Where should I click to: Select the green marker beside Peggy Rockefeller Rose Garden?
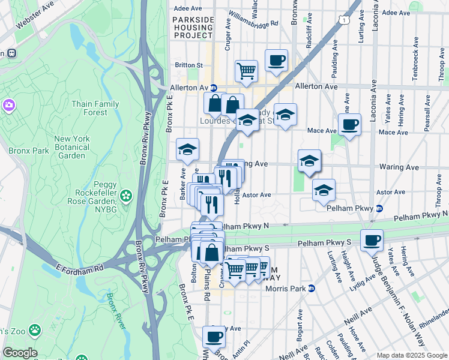coord(126,195)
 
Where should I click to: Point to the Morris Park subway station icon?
coord(311,289)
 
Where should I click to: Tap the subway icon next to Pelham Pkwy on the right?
coord(379,209)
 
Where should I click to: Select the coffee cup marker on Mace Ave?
coord(349,125)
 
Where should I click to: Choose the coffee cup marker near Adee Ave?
coord(276,60)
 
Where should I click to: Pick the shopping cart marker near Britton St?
coord(246,71)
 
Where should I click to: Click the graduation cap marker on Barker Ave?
coord(187,150)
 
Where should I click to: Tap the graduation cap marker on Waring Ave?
coord(310,161)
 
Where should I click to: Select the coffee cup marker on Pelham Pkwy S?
coord(372,240)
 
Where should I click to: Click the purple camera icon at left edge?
coord(8,106)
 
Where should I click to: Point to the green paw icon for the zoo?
coord(37,329)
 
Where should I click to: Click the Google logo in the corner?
coord(20,353)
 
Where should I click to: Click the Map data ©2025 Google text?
coord(411,355)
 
